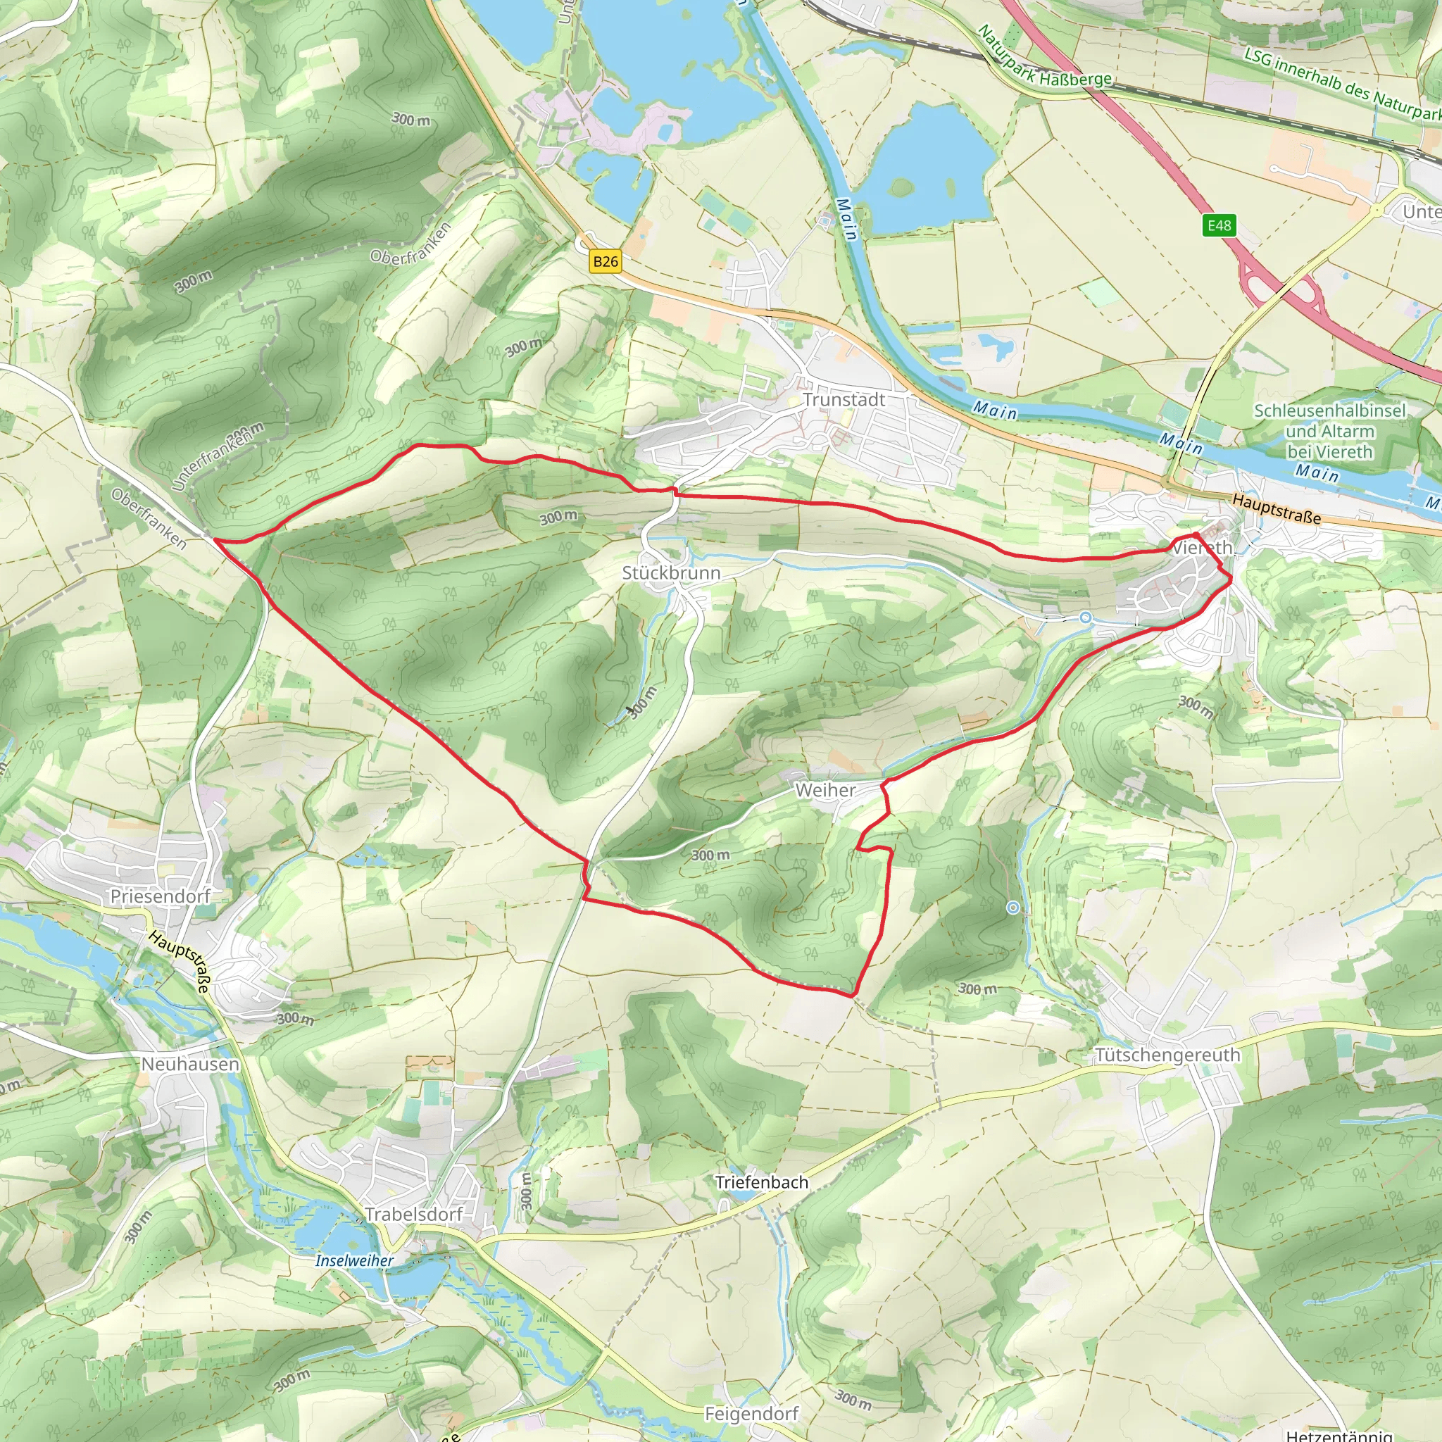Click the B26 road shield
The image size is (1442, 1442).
(606, 261)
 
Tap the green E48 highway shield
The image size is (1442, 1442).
(1219, 225)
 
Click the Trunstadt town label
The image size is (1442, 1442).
(844, 400)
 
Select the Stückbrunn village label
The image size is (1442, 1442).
(671, 573)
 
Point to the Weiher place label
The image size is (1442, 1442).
(825, 790)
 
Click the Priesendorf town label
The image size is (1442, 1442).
(161, 896)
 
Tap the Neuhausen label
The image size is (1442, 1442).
(190, 1065)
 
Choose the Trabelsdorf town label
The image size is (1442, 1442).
(413, 1215)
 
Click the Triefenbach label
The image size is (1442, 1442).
(761, 1182)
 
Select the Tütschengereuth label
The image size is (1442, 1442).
(1167, 1055)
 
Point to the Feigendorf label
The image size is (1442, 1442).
(751, 1414)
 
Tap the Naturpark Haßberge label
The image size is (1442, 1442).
(1044, 57)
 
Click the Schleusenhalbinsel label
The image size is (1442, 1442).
(1329, 411)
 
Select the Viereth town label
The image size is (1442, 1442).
(1202, 548)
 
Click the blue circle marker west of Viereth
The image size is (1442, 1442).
(1086, 617)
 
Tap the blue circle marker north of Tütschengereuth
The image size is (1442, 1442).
(1012, 908)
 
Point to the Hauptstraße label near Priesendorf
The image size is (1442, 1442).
(180, 961)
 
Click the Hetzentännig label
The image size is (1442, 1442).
(1340, 1434)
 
